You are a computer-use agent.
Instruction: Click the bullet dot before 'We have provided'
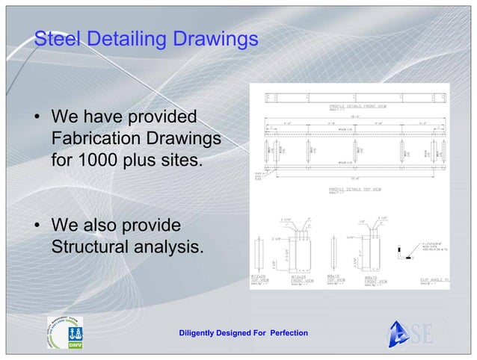pyautogui.click(x=35, y=119)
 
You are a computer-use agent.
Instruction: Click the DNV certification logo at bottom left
pyautogui.click(x=66, y=331)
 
